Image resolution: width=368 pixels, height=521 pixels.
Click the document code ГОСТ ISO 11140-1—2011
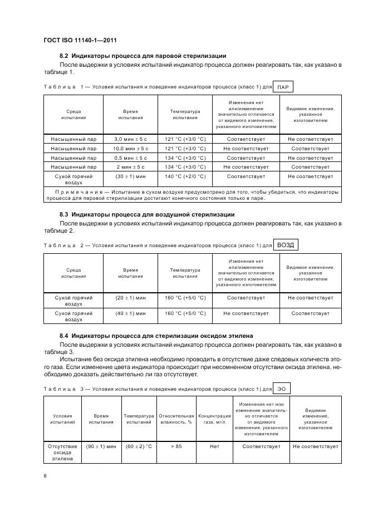(79, 40)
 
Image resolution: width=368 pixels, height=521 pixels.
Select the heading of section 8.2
(143, 56)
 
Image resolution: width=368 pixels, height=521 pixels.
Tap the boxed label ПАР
(283, 87)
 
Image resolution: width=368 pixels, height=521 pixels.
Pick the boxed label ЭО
(283, 388)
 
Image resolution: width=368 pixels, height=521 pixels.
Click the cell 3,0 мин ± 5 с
(131, 139)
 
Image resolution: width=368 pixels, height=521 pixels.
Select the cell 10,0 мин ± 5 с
(131, 149)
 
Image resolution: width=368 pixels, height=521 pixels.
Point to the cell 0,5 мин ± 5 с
(131, 158)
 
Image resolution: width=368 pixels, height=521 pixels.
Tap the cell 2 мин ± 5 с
(131, 167)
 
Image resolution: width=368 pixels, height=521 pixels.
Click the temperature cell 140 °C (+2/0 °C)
(185, 176)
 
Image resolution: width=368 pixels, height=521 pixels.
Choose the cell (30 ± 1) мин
(131, 176)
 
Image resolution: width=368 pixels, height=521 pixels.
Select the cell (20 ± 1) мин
(131, 298)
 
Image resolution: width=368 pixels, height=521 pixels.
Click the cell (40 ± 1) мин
(131, 313)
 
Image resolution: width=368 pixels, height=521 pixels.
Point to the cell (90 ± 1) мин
(101, 446)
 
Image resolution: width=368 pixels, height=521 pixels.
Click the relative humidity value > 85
(176, 446)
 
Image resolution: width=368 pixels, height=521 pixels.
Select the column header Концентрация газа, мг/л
(214, 419)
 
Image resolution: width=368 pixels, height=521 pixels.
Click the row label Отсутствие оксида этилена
(62, 453)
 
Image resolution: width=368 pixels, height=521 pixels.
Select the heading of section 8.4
(156, 336)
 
